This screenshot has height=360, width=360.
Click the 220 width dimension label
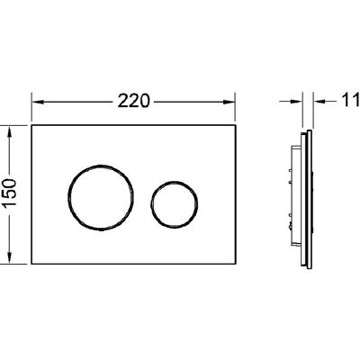click(133, 101)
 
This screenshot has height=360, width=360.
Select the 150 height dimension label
click(10, 193)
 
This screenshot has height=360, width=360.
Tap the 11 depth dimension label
click(350, 100)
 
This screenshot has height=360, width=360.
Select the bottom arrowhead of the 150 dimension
click(10, 256)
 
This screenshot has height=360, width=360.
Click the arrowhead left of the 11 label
click(319, 102)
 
